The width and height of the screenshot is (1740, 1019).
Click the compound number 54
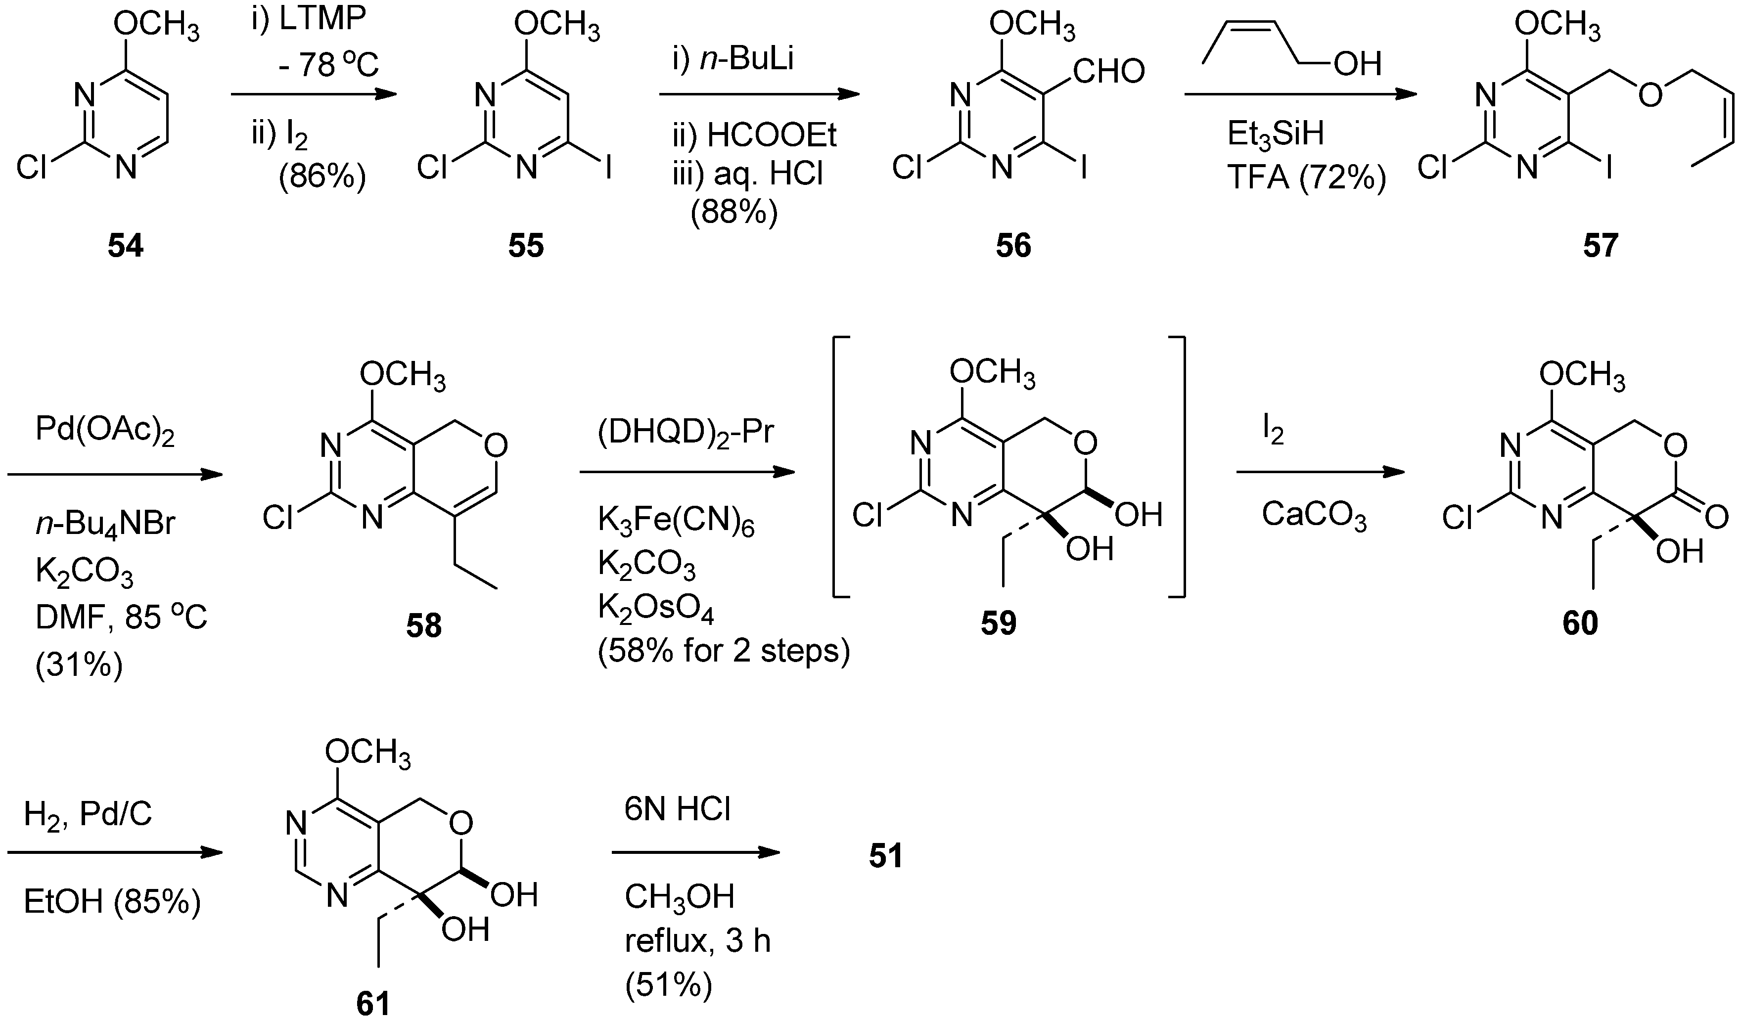coord(125,246)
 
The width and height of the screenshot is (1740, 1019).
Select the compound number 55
coord(526,246)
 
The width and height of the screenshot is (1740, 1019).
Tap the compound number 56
coord(1013,246)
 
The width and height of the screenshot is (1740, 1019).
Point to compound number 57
coord(1601,246)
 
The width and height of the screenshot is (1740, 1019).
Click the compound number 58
coord(423,626)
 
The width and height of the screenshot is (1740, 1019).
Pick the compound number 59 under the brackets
coord(999,623)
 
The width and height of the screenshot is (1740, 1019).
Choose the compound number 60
coord(1580,623)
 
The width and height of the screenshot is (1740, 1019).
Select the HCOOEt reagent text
coord(771,136)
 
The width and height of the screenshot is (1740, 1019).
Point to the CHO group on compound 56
coord(1109,71)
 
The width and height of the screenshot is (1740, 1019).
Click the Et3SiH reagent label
coord(1276,134)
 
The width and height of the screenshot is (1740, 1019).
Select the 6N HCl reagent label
coord(678,810)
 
